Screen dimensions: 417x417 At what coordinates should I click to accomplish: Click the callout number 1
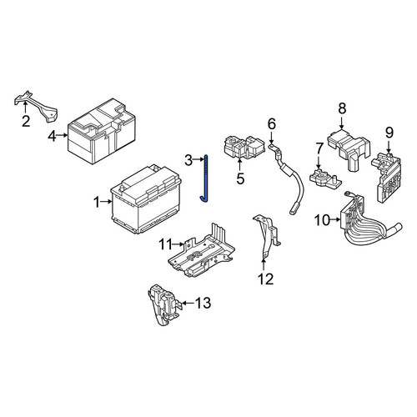pos(97,202)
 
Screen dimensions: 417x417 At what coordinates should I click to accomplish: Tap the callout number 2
pos(26,121)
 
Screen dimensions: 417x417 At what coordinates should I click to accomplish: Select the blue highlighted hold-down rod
pos(205,178)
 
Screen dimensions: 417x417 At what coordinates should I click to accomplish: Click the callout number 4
pos(52,136)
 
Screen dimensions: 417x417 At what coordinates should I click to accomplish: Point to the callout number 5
pos(240,178)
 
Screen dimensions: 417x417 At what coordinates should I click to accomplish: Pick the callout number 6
pos(272,123)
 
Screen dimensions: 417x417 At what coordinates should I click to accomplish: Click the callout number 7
pos(319,149)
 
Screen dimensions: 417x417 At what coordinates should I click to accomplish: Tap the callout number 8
pos(342,108)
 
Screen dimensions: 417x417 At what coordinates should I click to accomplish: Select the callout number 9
pos(389,133)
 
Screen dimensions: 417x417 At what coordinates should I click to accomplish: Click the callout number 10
pos(322,220)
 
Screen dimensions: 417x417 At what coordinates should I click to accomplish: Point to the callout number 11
pos(166,244)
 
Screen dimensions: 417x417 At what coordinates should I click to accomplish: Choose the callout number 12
pos(266,279)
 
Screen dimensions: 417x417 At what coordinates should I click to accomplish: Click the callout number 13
pos(203,303)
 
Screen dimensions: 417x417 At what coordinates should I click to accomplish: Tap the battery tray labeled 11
pos(201,250)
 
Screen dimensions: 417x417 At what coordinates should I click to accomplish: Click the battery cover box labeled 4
pos(102,131)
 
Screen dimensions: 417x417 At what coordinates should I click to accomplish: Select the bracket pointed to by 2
pos(36,106)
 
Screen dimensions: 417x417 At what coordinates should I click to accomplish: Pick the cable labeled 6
pos(286,178)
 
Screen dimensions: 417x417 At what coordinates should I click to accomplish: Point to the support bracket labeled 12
pos(267,235)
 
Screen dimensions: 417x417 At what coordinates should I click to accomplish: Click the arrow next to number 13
pos(188,303)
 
